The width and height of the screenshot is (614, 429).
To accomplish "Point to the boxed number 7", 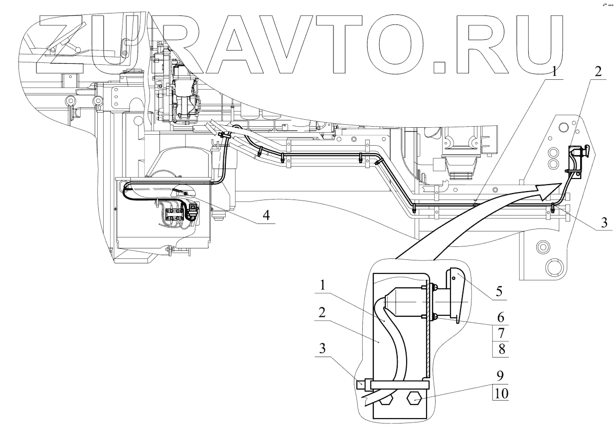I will pos(501,333).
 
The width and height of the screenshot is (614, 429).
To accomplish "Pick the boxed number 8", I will pos(501,349).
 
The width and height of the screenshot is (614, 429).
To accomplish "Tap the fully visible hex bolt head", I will pos(415,399).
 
